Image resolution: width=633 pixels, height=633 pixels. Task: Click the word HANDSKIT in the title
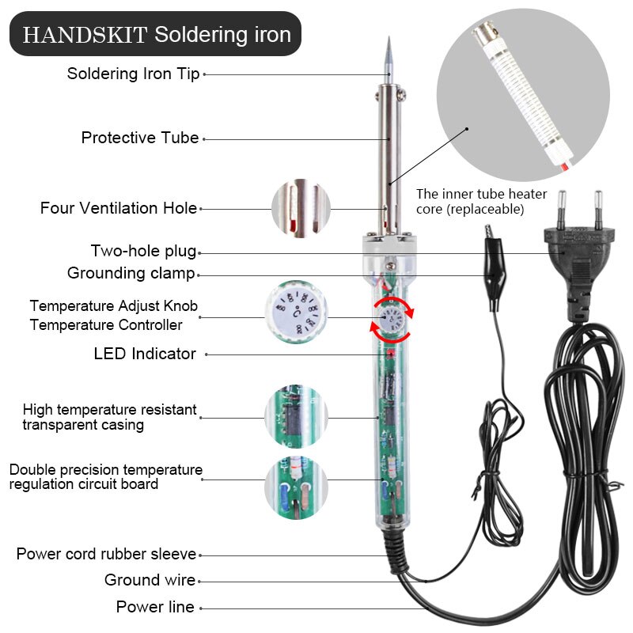point(85,35)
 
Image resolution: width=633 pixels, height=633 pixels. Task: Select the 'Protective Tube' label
point(140,138)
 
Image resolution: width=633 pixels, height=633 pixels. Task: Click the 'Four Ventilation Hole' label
point(119,208)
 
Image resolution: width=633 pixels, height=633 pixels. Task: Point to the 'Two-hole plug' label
point(143,252)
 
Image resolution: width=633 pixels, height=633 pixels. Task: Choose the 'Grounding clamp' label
point(131,274)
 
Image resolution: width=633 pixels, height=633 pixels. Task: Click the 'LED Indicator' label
point(145,354)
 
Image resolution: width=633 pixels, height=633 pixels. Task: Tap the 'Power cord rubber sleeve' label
point(106,554)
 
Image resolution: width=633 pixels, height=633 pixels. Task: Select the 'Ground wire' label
point(150,580)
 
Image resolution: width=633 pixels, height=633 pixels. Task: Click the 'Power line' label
point(155,607)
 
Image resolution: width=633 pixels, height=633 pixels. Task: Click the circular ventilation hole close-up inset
point(301,209)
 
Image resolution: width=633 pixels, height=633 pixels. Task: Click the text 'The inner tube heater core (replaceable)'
point(472,201)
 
